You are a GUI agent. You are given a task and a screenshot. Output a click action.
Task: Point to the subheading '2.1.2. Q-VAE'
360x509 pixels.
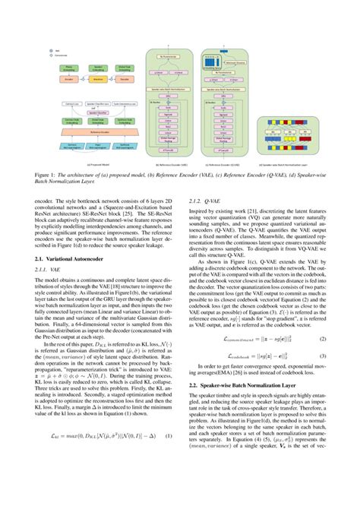pyautogui.click(x=198, y=201)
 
